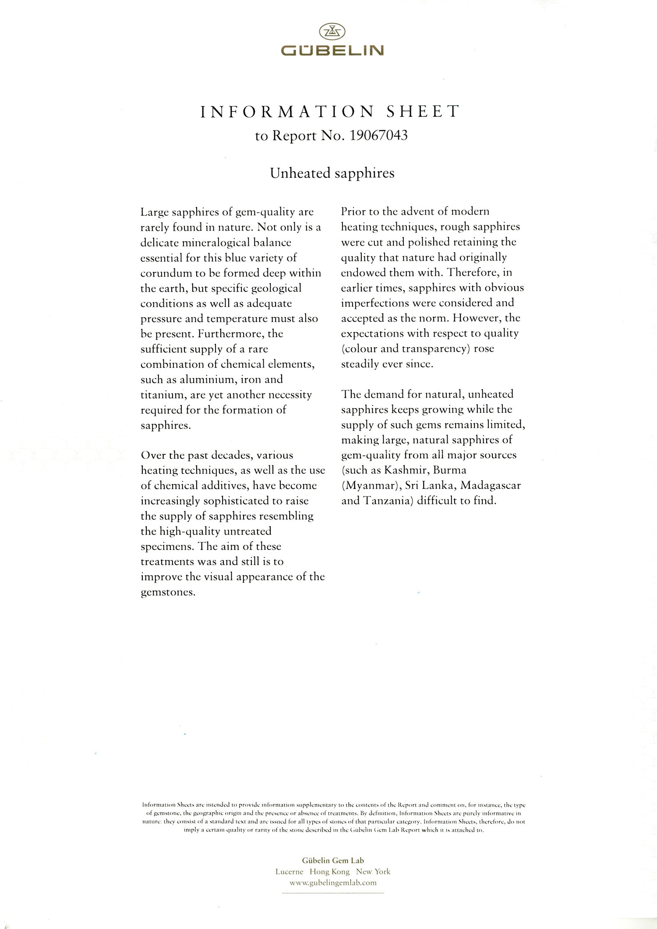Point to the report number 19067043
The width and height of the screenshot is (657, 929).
(x=378, y=136)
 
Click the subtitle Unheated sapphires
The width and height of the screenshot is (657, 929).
(x=332, y=173)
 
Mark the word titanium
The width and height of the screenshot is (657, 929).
(x=161, y=395)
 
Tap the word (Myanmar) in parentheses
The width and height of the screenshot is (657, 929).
(x=370, y=486)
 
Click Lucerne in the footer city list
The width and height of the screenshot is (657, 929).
(x=289, y=872)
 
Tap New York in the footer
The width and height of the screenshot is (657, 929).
(x=373, y=872)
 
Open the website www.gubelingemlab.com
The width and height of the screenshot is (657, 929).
(x=333, y=883)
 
